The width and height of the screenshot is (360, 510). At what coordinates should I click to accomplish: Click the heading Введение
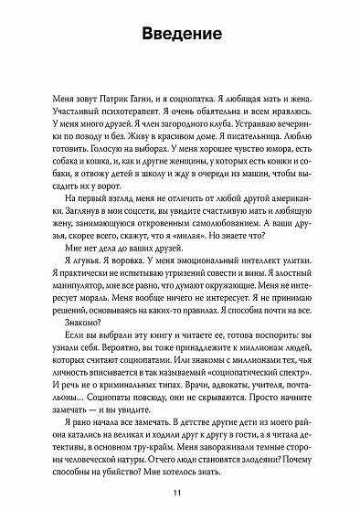click(179, 37)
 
